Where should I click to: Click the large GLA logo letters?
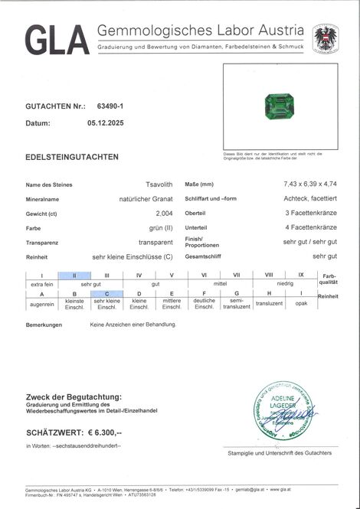57,40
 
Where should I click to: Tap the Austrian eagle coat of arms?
326,38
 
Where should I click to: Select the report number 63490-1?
113,107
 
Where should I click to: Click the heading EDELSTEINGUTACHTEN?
72,157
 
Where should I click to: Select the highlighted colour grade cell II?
74,275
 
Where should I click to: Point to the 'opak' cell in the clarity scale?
301,304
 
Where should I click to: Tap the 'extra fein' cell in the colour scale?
41,284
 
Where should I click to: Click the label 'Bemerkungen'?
44,325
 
